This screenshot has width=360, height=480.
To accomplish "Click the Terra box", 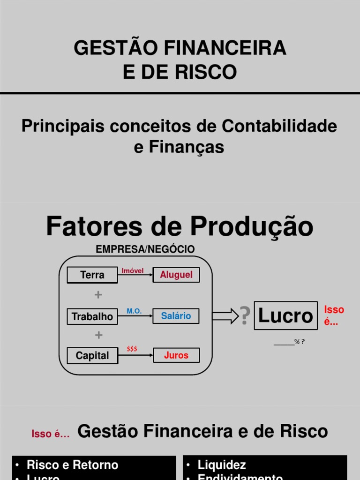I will point(92,275).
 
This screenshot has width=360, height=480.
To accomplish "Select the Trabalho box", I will point(92,316).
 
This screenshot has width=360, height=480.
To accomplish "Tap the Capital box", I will point(92,356).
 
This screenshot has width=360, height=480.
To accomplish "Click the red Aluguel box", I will point(176,275).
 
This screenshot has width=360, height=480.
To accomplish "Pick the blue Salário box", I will point(176,316).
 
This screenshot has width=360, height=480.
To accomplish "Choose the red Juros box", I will point(176,355).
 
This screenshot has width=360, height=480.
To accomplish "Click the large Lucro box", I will point(285,315).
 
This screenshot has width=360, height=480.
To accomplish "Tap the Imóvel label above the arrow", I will point(133,271).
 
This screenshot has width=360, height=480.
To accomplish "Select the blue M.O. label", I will point(134,311).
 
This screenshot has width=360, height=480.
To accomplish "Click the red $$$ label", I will point(132,349).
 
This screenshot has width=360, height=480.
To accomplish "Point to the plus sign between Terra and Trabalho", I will point(98,295).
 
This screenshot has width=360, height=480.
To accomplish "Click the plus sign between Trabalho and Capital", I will point(98,336).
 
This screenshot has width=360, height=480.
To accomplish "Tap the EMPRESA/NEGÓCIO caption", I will point(145,249).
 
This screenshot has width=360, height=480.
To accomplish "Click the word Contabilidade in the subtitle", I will point(279,126).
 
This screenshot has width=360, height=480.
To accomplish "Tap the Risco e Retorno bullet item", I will point(72,465).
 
